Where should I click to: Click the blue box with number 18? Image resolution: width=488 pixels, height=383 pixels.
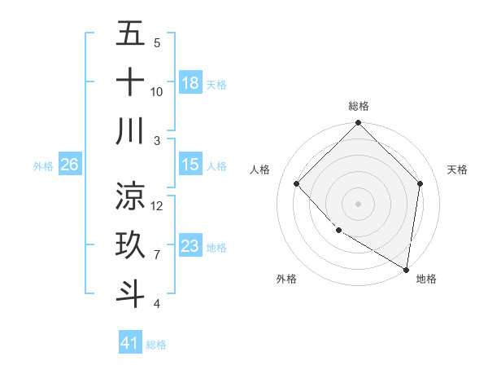click(x=190, y=82)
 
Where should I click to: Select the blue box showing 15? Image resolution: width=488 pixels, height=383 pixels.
click(x=190, y=165)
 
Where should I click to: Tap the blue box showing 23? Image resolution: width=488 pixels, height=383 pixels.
click(x=190, y=246)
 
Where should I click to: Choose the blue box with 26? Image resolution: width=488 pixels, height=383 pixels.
click(x=69, y=165)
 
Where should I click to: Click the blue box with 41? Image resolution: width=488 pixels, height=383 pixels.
click(x=130, y=343)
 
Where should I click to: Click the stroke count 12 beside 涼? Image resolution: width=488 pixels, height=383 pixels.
click(x=157, y=205)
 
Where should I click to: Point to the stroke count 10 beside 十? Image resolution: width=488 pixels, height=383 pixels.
click(x=157, y=91)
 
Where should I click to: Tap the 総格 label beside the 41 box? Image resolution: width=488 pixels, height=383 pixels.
click(x=156, y=345)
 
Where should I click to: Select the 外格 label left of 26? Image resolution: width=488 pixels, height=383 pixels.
click(x=43, y=165)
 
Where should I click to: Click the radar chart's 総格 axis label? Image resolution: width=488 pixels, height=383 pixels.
click(x=358, y=106)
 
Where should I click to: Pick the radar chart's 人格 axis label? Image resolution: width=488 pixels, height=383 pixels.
click(x=260, y=169)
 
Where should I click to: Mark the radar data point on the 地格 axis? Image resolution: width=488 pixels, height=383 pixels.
click(x=406, y=269)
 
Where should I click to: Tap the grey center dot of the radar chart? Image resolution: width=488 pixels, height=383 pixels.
click(x=358, y=204)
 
